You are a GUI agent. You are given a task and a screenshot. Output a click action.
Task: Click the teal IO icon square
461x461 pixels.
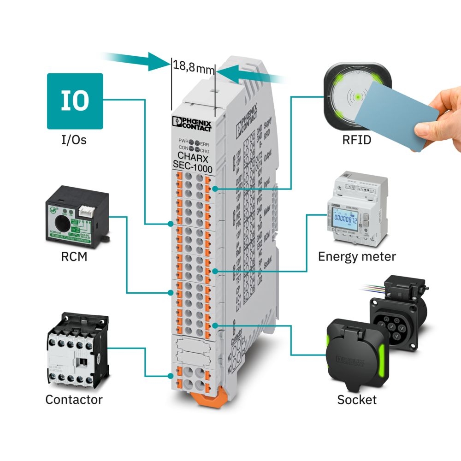click(x=75, y=100)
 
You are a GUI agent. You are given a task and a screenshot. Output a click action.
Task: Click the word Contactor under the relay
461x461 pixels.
click(x=74, y=399)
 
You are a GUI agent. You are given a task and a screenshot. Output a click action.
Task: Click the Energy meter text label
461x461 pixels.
click(x=357, y=256)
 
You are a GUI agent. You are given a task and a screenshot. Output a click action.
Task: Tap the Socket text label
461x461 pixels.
click(x=357, y=399)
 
